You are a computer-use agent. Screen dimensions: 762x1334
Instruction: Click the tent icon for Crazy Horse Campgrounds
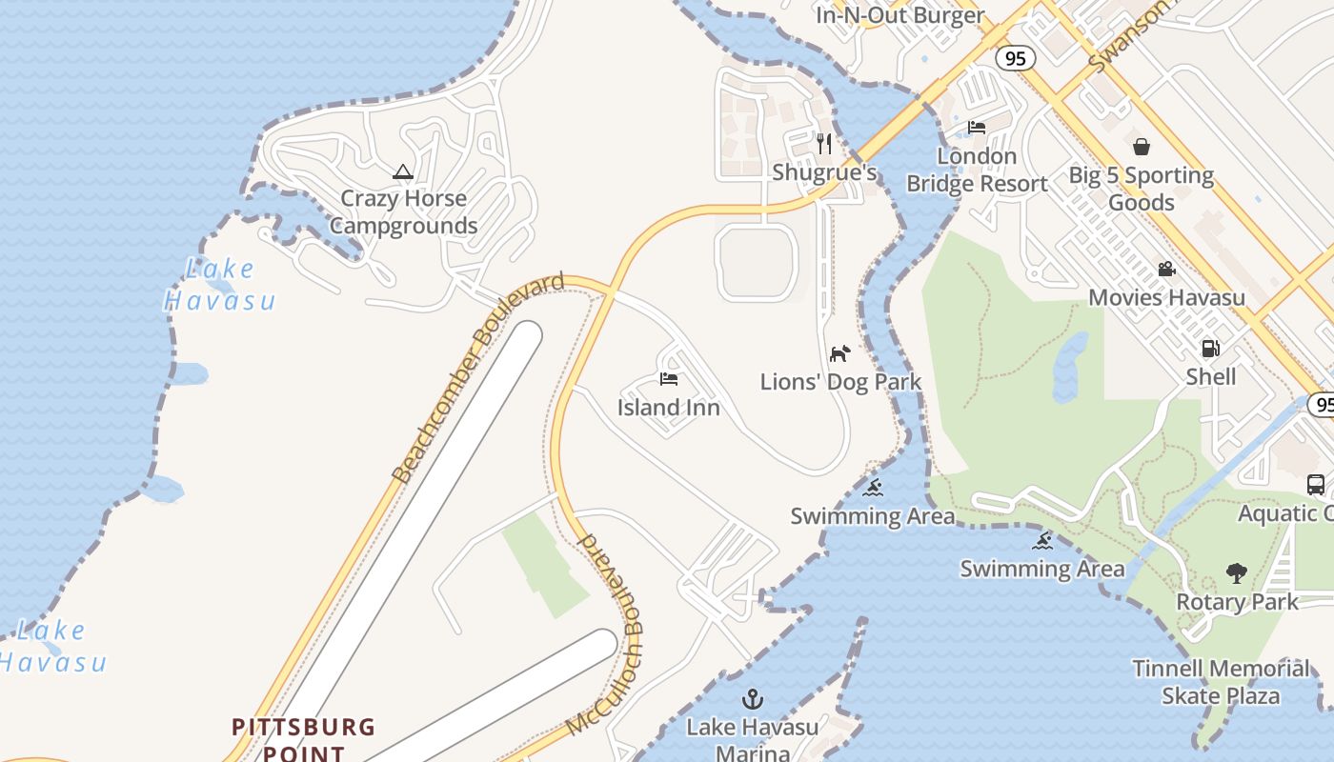click(x=402, y=172)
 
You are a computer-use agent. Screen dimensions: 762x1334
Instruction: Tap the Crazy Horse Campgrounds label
click(x=404, y=212)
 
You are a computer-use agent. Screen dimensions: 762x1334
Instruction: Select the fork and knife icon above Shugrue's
click(x=824, y=144)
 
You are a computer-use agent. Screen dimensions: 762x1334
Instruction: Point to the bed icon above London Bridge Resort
click(x=977, y=128)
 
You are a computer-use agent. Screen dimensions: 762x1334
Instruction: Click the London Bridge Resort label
click(x=977, y=170)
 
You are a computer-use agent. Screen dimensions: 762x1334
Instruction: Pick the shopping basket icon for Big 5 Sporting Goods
click(x=1141, y=147)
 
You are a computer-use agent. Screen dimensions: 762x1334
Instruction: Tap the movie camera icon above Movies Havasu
click(x=1166, y=270)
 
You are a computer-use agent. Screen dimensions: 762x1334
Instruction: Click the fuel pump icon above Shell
click(x=1210, y=349)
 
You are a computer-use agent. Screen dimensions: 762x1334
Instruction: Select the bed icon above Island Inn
click(x=668, y=379)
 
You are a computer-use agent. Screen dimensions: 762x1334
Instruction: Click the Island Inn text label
click(x=668, y=408)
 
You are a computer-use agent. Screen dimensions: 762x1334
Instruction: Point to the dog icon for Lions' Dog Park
click(x=839, y=354)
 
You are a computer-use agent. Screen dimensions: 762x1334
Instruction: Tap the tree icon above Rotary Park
click(x=1237, y=573)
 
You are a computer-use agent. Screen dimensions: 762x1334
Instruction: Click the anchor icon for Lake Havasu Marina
click(x=753, y=700)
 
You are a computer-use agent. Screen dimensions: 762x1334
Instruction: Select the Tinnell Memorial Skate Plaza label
click(x=1221, y=682)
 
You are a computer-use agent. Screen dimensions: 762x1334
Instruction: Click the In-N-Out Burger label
click(x=899, y=15)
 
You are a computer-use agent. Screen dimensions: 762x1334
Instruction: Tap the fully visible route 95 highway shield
click(x=1016, y=58)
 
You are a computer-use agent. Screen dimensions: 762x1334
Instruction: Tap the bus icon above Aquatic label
click(x=1316, y=485)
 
